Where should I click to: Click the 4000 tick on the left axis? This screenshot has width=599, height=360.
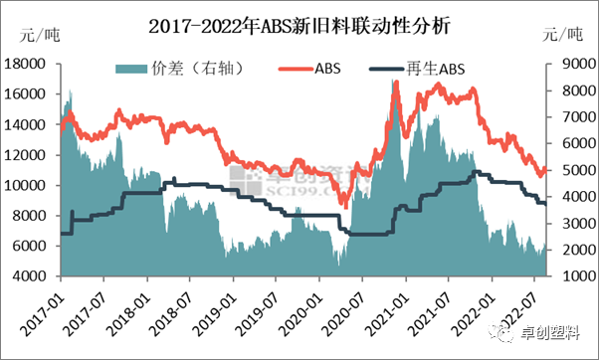(x=34, y=276)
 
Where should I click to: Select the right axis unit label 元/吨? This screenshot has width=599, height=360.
(x=563, y=36)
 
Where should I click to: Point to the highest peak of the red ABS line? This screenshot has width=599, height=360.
(x=395, y=82)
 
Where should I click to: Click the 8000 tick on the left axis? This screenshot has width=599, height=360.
(x=34, y=216)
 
